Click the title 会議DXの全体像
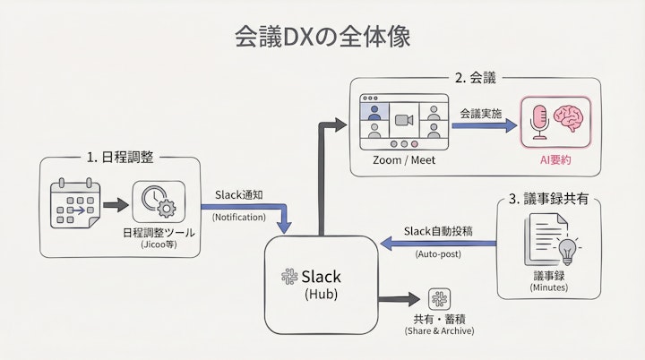[323, 35]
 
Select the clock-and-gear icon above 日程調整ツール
[159, 201]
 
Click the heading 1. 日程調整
[120, 157]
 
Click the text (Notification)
[239, 216]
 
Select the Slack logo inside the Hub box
[289, 278]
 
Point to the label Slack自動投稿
[439, 232]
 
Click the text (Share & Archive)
[439, 331]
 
